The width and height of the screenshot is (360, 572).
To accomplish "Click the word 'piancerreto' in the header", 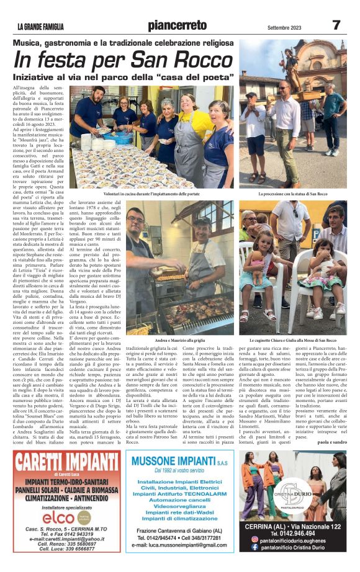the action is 177,25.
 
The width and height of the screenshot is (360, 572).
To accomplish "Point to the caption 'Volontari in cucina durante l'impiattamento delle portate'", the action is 152,194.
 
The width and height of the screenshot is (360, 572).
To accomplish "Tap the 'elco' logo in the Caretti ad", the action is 61,514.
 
